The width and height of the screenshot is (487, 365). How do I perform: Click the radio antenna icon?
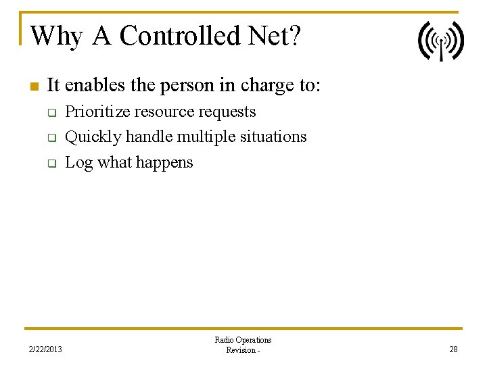(440, 41)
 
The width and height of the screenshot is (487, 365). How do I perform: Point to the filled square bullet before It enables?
(33, 87)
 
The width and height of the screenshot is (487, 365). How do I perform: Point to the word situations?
(273, 137)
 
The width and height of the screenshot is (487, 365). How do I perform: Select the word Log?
(78, 163)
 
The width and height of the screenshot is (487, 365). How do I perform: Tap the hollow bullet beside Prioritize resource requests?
(51, 113)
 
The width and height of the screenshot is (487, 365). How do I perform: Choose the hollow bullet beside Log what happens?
(51, 164)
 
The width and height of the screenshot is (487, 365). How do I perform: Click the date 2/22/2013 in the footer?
(45, 349)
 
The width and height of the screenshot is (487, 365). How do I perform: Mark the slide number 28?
(453, 349)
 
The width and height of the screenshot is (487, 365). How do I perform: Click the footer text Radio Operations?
(243, 340)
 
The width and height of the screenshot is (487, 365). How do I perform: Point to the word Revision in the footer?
(241, 350)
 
